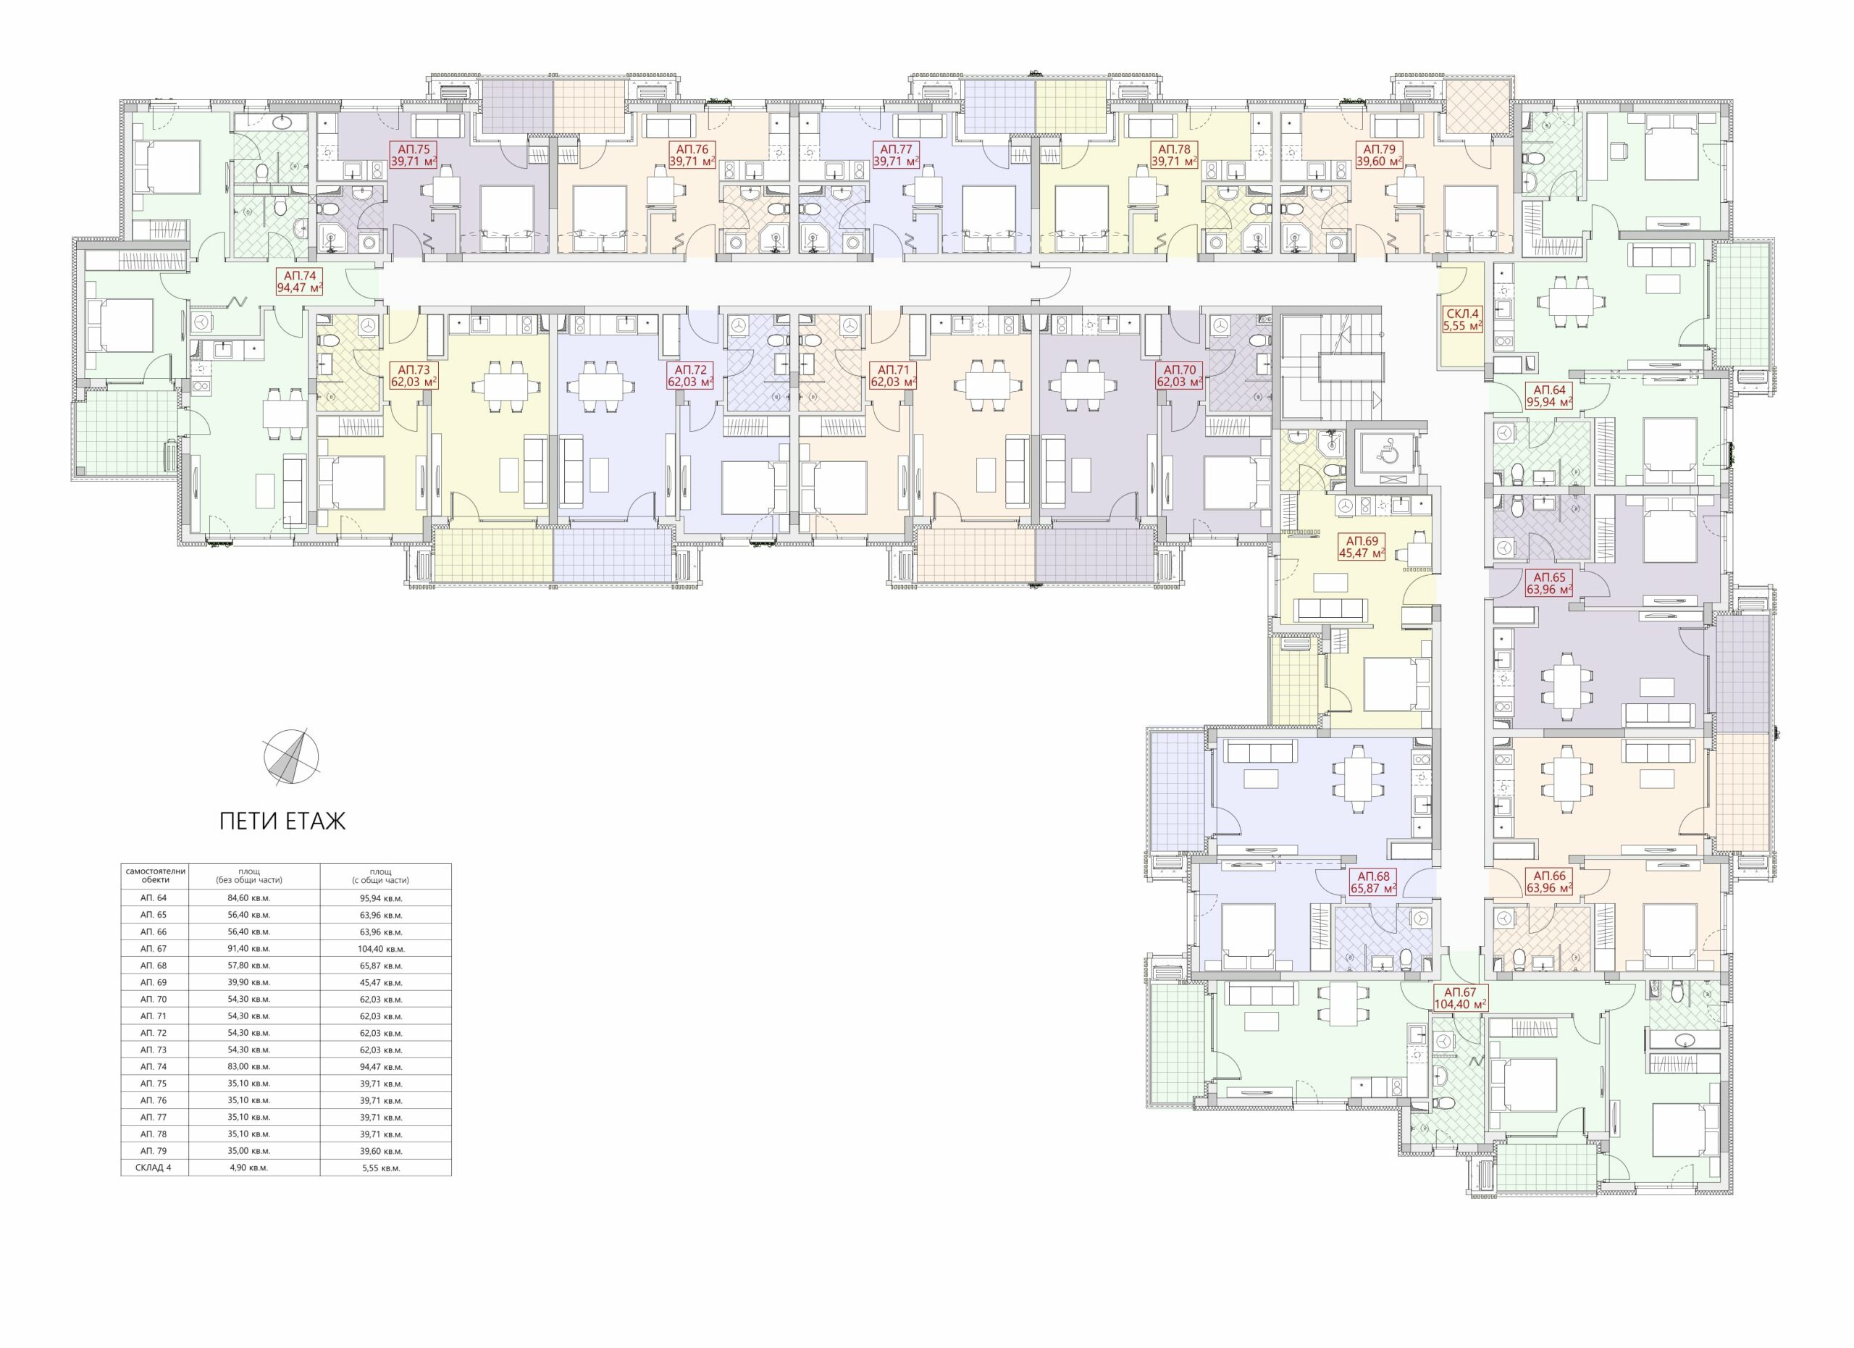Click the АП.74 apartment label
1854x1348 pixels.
[300, 282]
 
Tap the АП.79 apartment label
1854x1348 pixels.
[1379, 155]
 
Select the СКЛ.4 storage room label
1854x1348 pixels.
[1462, 319]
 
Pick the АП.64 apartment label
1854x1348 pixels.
[1549, 396]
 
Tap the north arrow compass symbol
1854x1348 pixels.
[291, 757]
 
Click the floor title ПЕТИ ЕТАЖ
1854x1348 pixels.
[282, 821]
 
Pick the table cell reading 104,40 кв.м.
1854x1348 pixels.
[385, 949]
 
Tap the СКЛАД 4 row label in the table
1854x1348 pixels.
[154, 1168]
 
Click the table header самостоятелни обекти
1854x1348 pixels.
[155, 876]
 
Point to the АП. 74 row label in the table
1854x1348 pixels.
[154, 1067]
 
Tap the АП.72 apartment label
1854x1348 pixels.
[691, 376]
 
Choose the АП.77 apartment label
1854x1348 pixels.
[896, 155]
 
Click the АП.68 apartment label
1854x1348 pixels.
[1373, 882]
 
